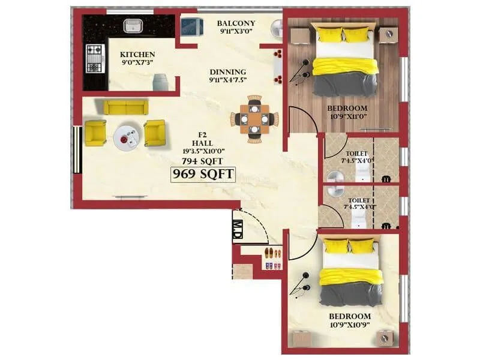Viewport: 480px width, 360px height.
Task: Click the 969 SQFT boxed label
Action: [203, 174]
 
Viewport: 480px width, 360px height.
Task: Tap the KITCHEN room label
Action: [137, 54]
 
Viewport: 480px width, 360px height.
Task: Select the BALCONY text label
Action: [236, 23]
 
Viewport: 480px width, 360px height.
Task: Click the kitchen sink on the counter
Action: [132, 25]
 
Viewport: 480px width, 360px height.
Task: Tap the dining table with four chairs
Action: [254, 119]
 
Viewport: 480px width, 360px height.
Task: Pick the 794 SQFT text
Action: [203, 161]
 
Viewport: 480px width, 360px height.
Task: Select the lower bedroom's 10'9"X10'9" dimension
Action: [350, 325]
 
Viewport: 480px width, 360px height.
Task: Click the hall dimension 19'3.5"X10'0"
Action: [203, 152]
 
